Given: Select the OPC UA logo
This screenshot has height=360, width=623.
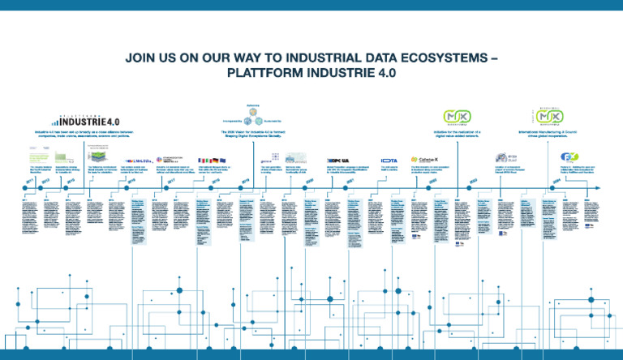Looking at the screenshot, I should click(x=337, y=160).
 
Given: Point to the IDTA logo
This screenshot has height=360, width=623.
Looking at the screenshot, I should click(x=389, y=160).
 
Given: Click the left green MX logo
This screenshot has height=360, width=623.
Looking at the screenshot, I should click(x=453, y=118).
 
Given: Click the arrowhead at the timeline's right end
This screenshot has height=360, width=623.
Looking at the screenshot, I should click(x=599, y=189).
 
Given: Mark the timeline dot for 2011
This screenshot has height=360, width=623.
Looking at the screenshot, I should click(x=27, y=189).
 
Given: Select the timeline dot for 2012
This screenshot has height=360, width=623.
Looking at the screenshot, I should click(x=45, y=189).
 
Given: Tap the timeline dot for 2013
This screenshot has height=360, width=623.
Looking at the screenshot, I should click(x=68, y=189).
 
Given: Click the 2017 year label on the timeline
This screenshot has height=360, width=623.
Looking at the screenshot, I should click(x=173, y=182).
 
